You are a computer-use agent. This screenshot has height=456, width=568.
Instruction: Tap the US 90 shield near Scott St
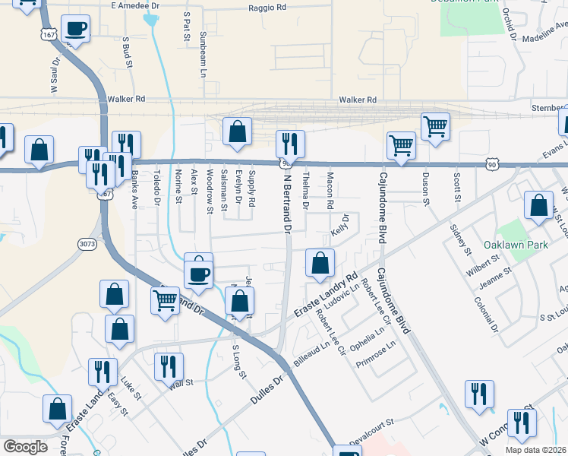[492, 163]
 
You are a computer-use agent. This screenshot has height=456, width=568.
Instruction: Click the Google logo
[25, 447]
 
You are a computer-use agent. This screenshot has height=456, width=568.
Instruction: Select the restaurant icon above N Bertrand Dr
[290, 142]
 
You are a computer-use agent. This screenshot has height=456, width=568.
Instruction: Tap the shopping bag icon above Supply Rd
[237, 131]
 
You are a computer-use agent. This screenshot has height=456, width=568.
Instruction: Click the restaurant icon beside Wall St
[169, 366]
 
